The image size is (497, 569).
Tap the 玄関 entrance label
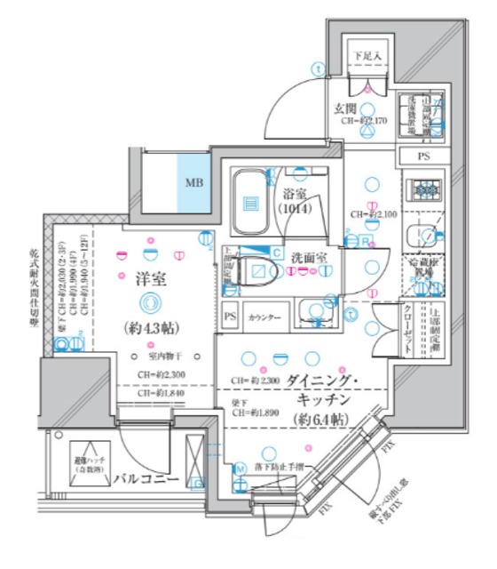pyautogui.click(x=346, y=108)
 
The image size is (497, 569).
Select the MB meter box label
pyautogui.click(x=193, y=184)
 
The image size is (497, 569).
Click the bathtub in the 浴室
pyautogui.click(x=251, y=202)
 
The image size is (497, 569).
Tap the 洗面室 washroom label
pyautogui.click(x=310, y=256)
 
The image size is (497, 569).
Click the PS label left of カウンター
pyautogui.click(x=231, y=317)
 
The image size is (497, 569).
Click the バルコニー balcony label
pyautogui.click(x=146, y=480)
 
